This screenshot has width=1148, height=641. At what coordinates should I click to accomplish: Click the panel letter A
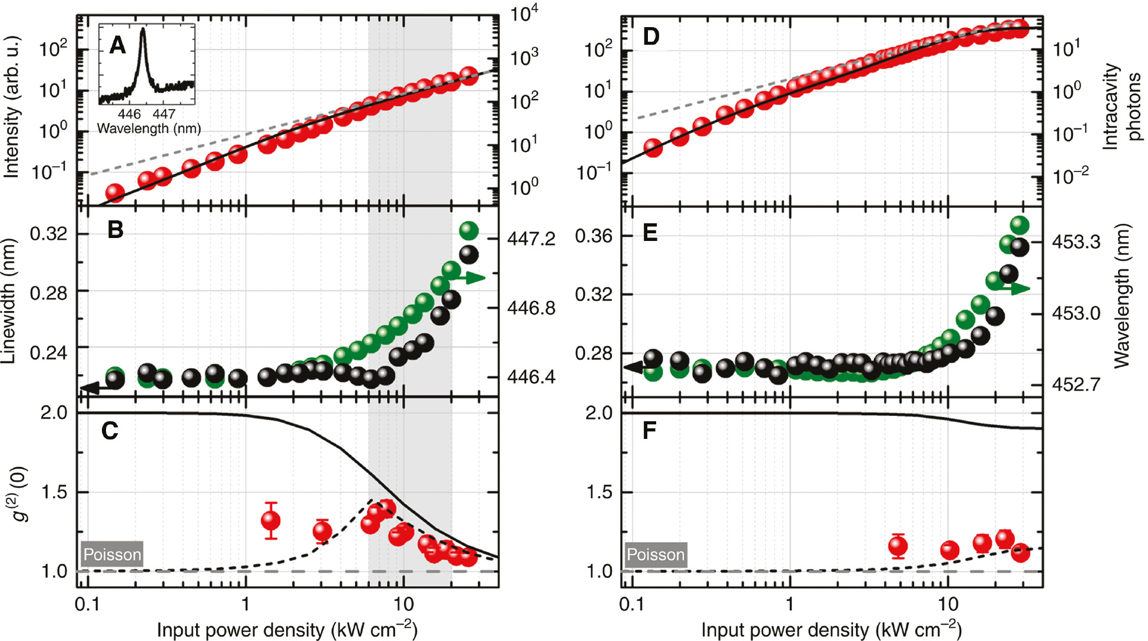coord(118,45)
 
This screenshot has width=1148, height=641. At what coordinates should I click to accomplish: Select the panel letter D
coord(651,37)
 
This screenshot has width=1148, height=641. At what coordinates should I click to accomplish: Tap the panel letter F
coord(649,431)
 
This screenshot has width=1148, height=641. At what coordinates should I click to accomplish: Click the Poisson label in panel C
coord(112,554)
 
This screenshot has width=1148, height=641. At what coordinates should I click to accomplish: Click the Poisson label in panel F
coord(655,554)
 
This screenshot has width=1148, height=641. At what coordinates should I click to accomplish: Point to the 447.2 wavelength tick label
coord(531,239)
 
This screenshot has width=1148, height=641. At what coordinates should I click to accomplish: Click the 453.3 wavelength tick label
coord(1076,242)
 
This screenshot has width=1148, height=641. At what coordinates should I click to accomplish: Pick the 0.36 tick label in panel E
coord(594,236)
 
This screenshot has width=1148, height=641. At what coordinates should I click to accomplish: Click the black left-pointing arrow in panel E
coord(635,368)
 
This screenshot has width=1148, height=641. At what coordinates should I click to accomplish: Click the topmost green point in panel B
coord(468,230)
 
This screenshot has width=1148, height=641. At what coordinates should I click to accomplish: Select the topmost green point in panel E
coord(1019,225)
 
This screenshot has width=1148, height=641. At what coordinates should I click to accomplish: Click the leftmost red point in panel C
coord(271,520)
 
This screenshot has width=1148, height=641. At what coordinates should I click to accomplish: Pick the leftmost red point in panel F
coord(898,546)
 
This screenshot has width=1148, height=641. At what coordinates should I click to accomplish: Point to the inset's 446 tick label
coord(129,114)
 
